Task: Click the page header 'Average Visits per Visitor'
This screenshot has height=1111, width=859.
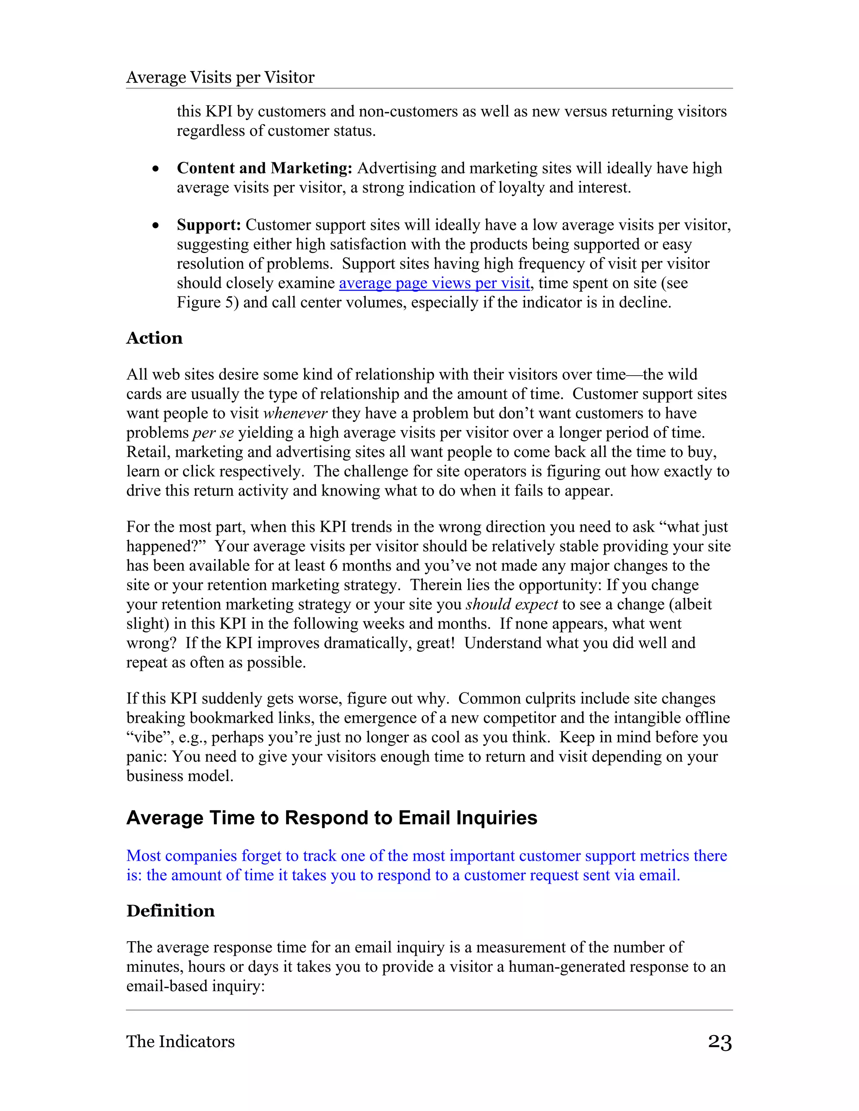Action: (x=220, y=77)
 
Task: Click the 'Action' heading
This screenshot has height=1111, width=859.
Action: (x=154, y=338)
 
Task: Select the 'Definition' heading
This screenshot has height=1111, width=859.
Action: (x=170, y=910)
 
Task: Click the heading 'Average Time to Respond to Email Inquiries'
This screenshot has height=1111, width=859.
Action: (x=331, y=818)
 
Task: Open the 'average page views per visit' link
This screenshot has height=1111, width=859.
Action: (x=434, y=283)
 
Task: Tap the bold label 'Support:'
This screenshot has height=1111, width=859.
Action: (x=208, y=225)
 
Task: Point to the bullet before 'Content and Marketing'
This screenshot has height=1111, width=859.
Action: (x=156, y=169)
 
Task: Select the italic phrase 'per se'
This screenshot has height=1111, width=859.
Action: (x=213, y=432)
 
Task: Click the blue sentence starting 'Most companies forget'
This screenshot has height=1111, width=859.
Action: (x=427, y=856)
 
